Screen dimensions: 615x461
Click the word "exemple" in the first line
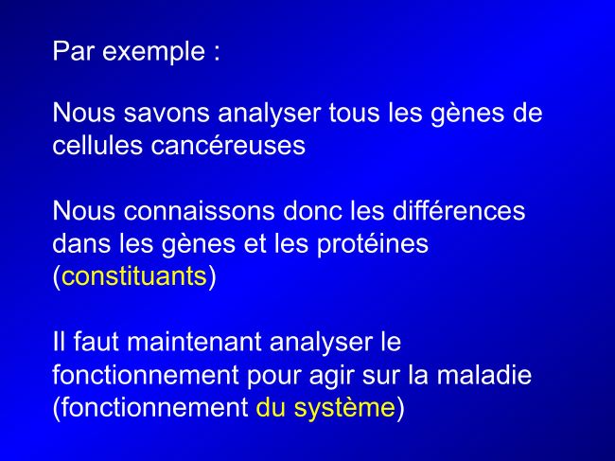[153, 52]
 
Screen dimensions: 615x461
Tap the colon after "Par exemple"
[217, 53]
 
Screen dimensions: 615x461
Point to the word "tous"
[355, 113]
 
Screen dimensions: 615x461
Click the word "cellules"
[97, 145]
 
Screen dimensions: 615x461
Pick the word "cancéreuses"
[228, 145]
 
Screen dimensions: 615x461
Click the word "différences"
[459, 211]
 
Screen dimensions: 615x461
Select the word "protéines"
[373, 245]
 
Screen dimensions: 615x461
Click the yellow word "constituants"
[134, 276]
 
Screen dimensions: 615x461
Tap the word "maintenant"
[194, 342]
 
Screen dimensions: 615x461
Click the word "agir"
[331, 376]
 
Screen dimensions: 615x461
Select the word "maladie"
[484, 375]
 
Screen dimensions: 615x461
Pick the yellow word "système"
[344, 408]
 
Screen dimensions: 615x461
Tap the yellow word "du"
[271, 407]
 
